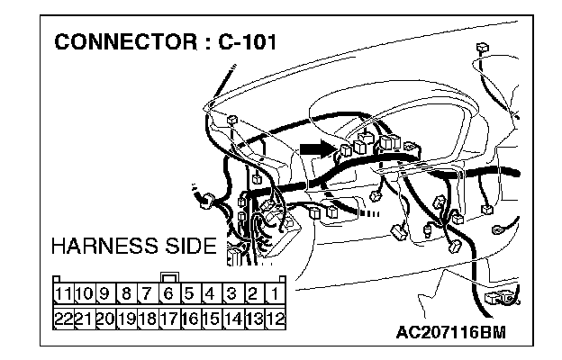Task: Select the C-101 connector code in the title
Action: click(x=244, y=42)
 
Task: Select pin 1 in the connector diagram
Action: click(x=275, y=293)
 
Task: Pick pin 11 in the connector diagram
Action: click(x=63, y=293)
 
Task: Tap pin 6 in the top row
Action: click(x=168, y=293)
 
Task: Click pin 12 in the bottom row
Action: click(x=275, y=317)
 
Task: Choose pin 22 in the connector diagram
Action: click(x=63, y=317)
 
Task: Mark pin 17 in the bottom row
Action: click(x=168, y=317)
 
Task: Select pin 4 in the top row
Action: click(x=210, y=293)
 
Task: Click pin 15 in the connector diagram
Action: click(x=210, y=317)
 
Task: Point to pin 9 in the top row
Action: click(x=104, y=293)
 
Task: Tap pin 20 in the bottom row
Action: click(x=104, y=317)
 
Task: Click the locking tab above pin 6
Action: click(x=168, y=277)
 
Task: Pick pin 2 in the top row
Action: click(x=253, y=293)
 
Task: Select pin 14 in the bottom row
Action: click(x=231, y=317)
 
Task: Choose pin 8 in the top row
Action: click(x=126, y=293)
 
